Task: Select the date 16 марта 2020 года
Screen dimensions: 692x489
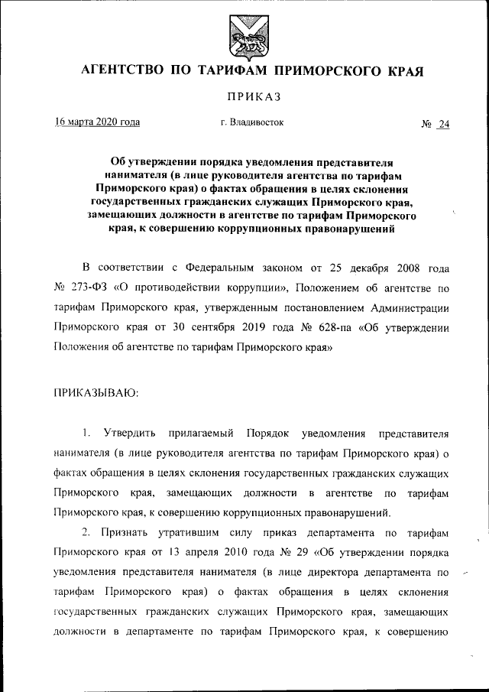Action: pos(97,122)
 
